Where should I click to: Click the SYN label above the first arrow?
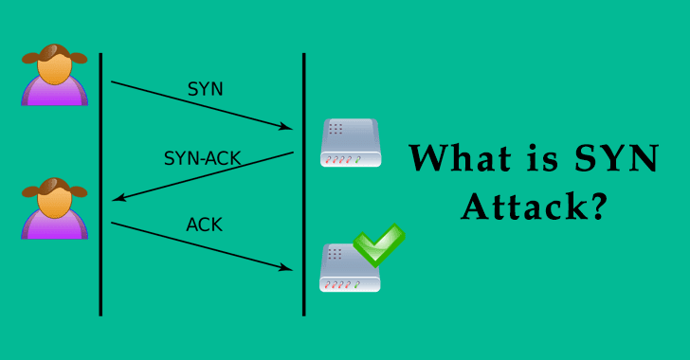point(206,89)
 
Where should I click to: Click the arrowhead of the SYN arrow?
point(287,126)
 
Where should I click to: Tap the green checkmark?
point(377,245)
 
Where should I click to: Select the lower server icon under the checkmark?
point(349,269)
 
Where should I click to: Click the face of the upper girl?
point(54,67)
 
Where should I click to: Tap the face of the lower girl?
point(54,201)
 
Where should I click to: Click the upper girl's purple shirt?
point(54,93)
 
